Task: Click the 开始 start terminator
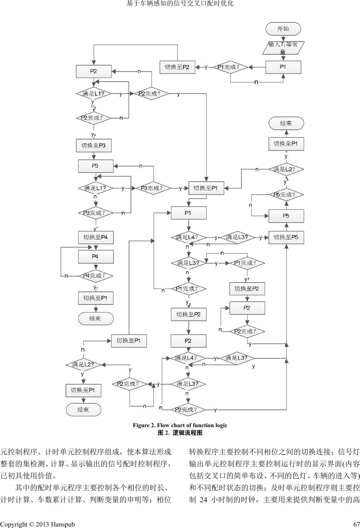pyautogui.click(x=283, y=29)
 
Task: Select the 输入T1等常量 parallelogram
pyautogui.click(x=283, y=48)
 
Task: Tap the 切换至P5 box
pyautogui.click(x=286, y=237)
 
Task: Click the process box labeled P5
pyautogui.click(x=286, y=216)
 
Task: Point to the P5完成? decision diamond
pyautogui.click(x=286, y=195)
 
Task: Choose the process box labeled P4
pyautogui.click(x=96, y=257)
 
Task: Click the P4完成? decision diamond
pyautogui.click(x=96, y=276)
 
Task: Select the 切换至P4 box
pyautogui.click(x=96, y=237)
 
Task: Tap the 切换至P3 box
pyautogui.click(x=94, y=145)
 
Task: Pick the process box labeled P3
pyautogui.click(x=96, y=166)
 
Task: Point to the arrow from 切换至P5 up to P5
pyautogui.click(x=286, y=227)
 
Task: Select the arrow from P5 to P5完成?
pyautogui.click(x=286, y=205)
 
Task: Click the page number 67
pyautogui.click(x=356, y=524)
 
